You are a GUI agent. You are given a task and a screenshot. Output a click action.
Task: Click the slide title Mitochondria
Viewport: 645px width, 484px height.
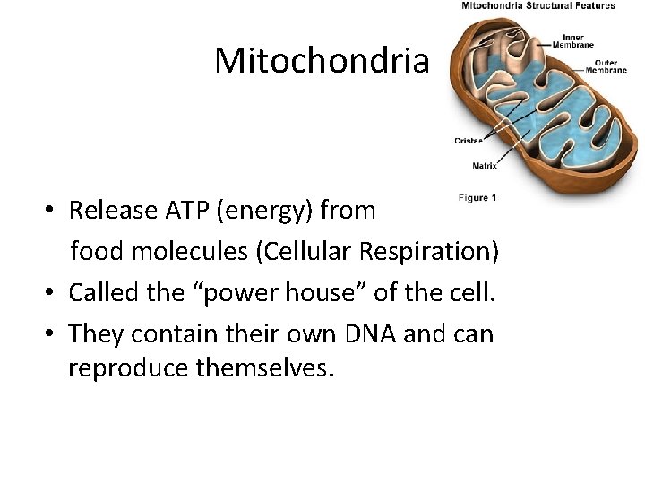[322, 61]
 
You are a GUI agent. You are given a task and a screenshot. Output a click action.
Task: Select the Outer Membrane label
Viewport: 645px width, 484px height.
[605, 66]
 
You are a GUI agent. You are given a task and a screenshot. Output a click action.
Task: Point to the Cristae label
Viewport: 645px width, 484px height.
[469, 141]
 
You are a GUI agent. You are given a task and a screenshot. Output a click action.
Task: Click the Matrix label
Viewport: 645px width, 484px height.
[485, 166]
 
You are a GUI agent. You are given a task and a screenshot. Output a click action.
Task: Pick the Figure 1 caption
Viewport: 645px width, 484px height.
[477, 197]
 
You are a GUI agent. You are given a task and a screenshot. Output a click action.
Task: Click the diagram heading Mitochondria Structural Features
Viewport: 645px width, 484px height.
[537, 5]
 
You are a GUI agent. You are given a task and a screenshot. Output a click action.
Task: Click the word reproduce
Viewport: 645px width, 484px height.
[125, 368]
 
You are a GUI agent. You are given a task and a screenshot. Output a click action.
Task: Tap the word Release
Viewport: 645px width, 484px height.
[102, 211]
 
